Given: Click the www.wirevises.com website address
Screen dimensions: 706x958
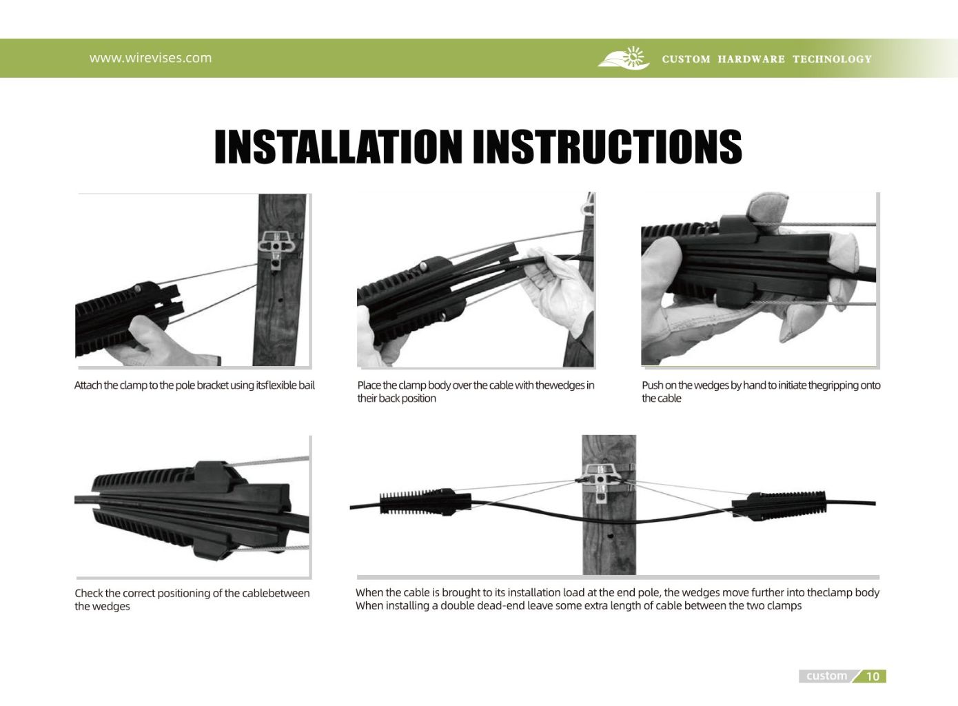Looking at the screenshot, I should click(150, 58).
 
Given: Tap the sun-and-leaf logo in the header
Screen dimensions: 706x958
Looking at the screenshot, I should click(624, 59).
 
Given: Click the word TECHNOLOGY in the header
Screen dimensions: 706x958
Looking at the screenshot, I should click(832, 59).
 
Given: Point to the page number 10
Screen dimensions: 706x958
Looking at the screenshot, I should click(873, 676).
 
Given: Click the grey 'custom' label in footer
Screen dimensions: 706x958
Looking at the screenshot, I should click(826, 676).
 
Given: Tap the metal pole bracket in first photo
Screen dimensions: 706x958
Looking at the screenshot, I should click(277, 248).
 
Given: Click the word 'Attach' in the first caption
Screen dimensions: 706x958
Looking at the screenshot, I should click(88, 385).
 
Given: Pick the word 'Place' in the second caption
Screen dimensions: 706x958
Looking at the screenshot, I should click(369, 385).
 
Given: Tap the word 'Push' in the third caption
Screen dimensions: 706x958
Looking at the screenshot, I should click(652, 385).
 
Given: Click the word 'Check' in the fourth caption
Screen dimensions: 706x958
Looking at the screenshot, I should click(88, 594).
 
